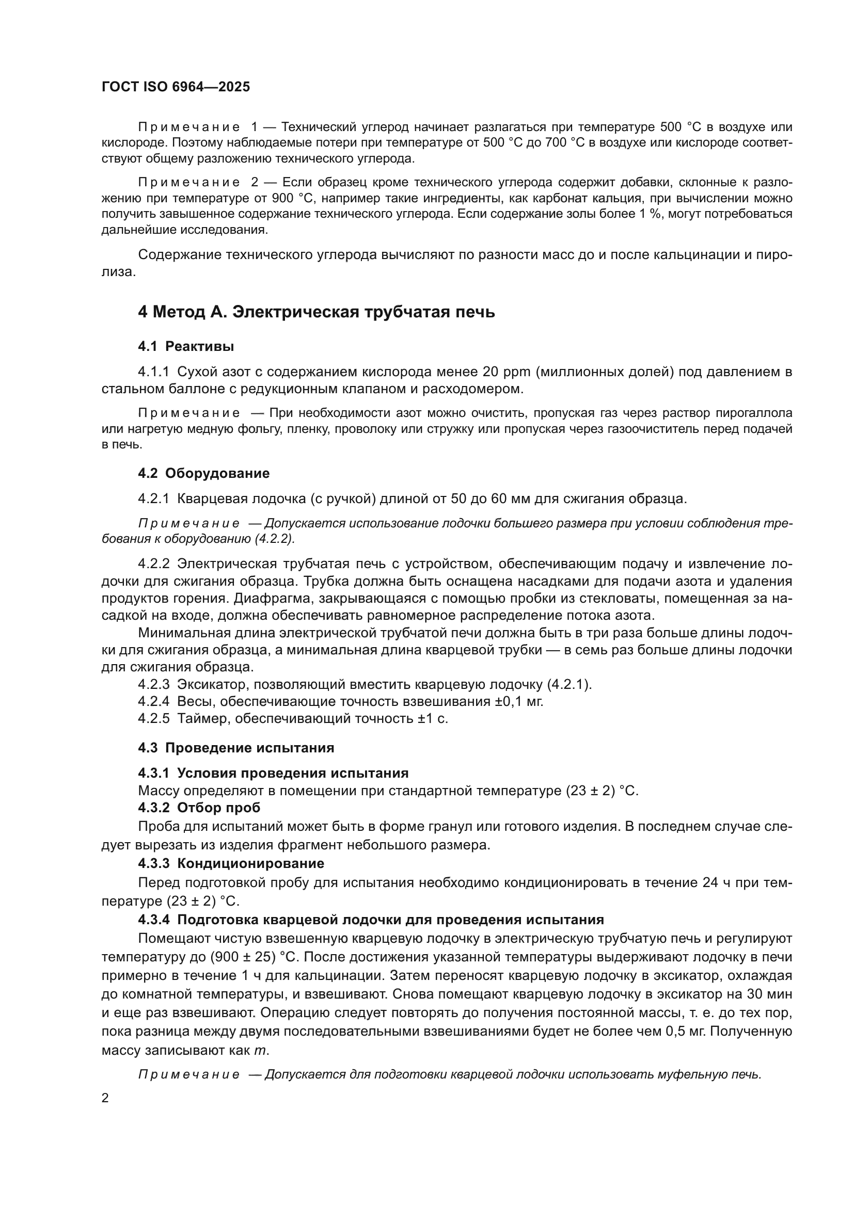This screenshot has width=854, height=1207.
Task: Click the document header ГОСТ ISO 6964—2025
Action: (176, 87)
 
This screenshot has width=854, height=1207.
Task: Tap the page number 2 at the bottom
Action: (105, 1098)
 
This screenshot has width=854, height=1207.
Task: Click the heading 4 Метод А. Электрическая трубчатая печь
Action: (316, 312)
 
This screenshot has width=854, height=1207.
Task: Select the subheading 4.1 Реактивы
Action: (186, 346)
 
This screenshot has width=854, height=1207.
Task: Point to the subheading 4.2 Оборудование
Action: (203, 473)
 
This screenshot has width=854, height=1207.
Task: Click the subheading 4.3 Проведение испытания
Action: (235, 748)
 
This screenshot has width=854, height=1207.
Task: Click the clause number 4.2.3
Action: (153, 684)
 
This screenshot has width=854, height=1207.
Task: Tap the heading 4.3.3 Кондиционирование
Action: (231, 863)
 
